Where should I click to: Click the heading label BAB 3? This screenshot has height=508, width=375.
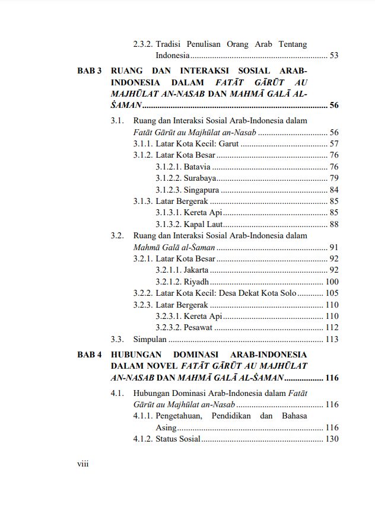coord(90,71)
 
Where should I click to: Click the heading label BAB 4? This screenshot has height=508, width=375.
coord(90,354)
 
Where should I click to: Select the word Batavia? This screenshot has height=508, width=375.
coord(197,167)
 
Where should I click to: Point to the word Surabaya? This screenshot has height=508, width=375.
coord(199,178)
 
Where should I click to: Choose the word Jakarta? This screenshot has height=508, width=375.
coord(196,270)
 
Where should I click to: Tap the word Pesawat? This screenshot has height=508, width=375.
coord(198,327)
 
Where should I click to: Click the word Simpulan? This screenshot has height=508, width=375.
coord(150,339)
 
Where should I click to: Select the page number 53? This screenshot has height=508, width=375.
coord(333,56)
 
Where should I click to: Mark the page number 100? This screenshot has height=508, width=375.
coord(332,282)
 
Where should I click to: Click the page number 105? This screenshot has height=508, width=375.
coord(332,293)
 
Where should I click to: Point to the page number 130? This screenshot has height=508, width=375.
coord(332,439)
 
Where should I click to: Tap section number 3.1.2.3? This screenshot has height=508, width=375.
coord(168,190)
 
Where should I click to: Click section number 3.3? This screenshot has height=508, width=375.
coord(117,339)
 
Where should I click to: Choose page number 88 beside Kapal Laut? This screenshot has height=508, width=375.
coord(333,224)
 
